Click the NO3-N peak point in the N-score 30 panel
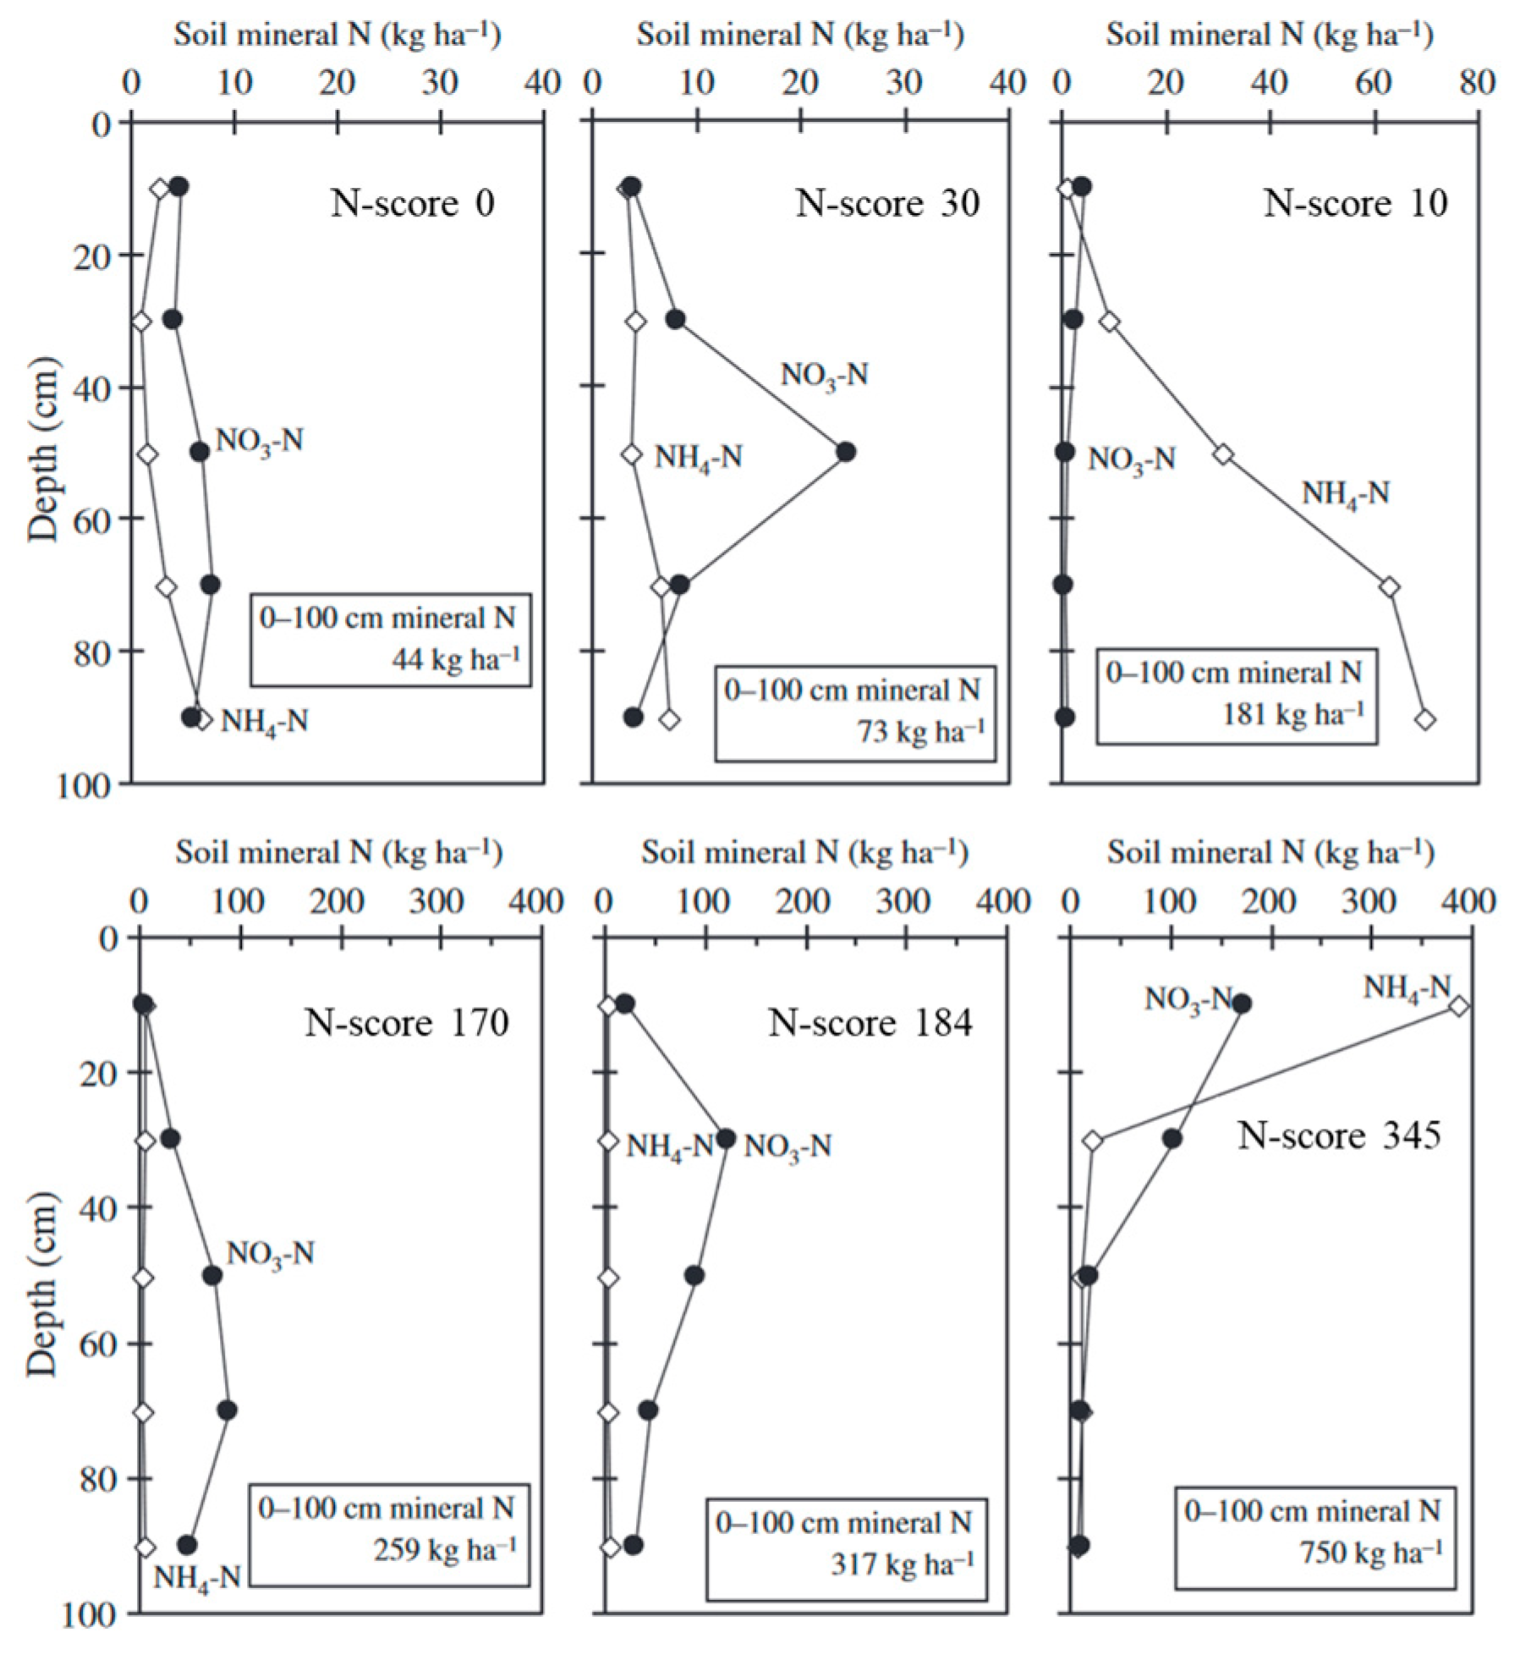845,452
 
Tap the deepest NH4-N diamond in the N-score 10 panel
1425,719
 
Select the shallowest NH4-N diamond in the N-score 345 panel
1459,1006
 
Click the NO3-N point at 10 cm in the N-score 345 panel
1242,1004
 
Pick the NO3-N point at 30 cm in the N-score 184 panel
726,1139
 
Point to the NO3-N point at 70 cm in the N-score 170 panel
228,1410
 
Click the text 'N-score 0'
412,204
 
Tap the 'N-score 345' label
1338,1135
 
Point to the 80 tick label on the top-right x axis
1477,83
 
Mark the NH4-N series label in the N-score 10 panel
1345,493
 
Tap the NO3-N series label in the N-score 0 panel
259,441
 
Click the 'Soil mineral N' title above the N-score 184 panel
804,853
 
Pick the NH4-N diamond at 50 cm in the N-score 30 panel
632,454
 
